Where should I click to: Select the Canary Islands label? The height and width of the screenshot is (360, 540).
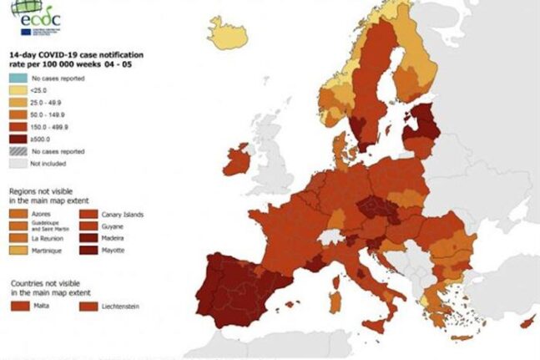pyautogui.click(x=122, y=215)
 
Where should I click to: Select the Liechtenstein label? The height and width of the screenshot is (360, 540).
pyautogui.click(x=121, y=307)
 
